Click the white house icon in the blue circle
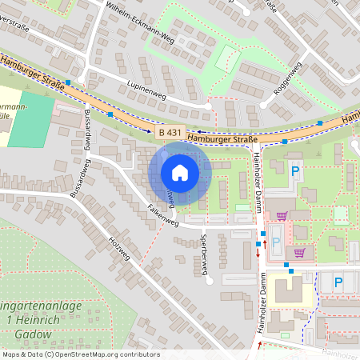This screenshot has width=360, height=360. (x=180, y=172)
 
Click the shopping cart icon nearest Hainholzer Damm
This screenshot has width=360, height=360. (x=281, y=215)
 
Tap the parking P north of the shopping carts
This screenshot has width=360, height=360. (x=294, y=170)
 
